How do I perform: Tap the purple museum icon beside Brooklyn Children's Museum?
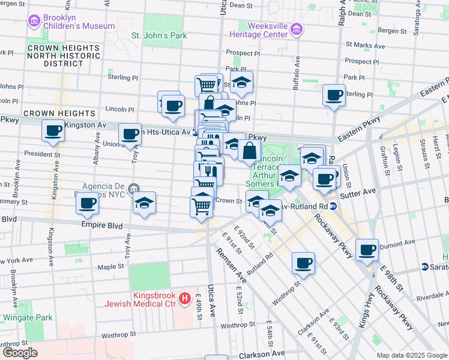[34, 22]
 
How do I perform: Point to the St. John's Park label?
[158, 35]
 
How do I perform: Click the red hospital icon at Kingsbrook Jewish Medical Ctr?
[185, 298]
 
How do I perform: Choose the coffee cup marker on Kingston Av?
[53, 130]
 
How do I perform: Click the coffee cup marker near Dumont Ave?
[367, 250]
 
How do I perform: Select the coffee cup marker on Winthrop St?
[304, 263]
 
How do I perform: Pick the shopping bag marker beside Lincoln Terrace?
[250, 151]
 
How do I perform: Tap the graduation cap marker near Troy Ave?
[145, 204]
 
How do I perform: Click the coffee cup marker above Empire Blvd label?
[87, 204]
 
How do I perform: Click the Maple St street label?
[110, 266]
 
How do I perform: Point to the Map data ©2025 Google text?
[411, 355]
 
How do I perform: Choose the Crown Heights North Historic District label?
[62, 55]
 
